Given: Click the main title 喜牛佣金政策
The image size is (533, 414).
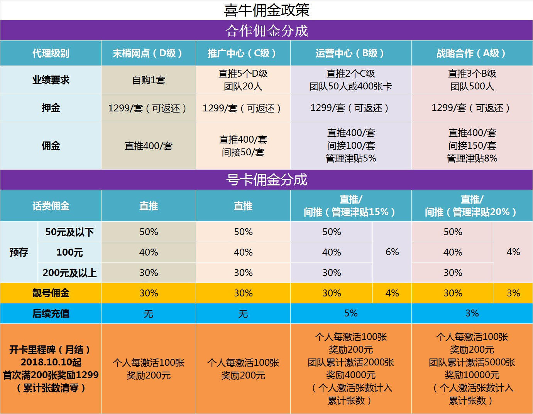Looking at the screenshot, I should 266,10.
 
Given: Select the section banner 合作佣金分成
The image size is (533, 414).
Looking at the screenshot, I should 266,30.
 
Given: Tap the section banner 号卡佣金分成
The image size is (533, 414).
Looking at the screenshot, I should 266,180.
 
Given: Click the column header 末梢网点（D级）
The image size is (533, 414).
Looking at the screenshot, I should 148,53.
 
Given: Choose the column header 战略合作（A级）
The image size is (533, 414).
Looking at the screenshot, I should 472,53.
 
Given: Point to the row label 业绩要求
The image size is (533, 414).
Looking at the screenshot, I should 51,80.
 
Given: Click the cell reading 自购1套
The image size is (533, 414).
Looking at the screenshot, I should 148,80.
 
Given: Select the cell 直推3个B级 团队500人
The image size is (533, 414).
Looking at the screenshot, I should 472,80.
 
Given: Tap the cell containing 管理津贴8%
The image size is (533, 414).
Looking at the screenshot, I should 472,146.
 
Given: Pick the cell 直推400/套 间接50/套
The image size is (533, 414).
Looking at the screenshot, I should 243,146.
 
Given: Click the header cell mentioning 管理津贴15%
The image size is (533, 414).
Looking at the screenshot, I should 350,206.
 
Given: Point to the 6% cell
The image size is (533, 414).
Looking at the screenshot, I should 392,252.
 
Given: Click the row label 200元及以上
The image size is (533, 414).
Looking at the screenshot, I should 69,273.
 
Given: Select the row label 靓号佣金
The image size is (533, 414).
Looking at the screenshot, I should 51,293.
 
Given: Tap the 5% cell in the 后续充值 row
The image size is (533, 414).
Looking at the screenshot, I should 350,313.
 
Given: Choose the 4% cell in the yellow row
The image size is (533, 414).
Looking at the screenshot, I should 392,293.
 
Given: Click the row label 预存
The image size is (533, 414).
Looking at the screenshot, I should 19,252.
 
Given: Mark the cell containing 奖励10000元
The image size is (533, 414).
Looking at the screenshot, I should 472,369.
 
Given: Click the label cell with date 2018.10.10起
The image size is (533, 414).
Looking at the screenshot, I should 51,369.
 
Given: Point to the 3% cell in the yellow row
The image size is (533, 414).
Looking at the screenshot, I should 513,293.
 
